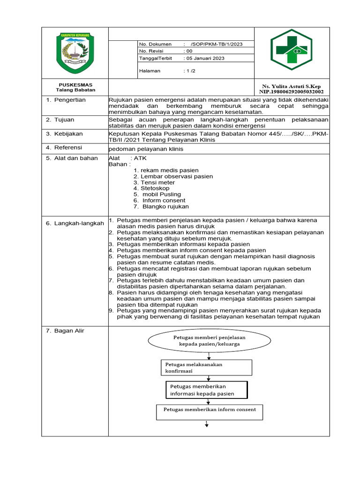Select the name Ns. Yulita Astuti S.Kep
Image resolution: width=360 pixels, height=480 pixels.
[292, 87]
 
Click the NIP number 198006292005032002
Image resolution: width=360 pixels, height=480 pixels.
[292, 92]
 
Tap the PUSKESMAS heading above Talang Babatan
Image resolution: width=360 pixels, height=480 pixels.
[75, 84]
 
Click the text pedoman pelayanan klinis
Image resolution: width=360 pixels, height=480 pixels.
[146, 149]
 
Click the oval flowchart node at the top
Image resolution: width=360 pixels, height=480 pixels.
[209, 340]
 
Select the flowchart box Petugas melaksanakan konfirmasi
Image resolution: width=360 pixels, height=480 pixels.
[207, 367]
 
